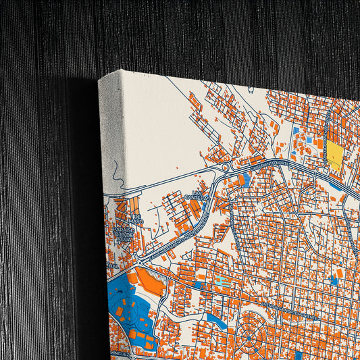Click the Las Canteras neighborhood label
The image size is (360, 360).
point(197,195)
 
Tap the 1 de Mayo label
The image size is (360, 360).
point(136,217)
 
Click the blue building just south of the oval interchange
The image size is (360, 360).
point(245,180)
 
